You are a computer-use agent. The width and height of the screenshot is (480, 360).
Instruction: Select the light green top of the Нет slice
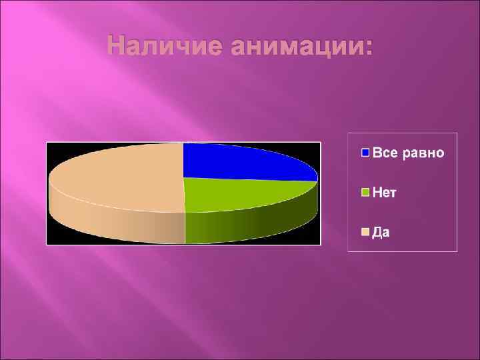coord(240,194)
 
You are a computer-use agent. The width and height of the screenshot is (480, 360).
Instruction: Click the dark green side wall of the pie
coord(253,223)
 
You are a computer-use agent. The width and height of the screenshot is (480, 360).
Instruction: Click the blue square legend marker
coord(365,153)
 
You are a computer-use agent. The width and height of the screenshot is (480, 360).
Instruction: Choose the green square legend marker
coord(365,193)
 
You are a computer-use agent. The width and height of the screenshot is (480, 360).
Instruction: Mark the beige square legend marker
coord(365,232)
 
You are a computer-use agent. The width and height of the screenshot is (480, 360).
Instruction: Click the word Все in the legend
coord(385,153)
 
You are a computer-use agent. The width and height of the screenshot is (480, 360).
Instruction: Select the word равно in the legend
coord(423,153)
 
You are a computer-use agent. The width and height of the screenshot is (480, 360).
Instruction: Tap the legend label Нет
coord(385,193)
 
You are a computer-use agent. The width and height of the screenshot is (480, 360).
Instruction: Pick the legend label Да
coord(381,232)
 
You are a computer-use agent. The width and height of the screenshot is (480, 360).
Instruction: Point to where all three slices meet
coord(183,178)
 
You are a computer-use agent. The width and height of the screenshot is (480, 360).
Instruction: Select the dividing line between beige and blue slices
coord(183,160)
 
